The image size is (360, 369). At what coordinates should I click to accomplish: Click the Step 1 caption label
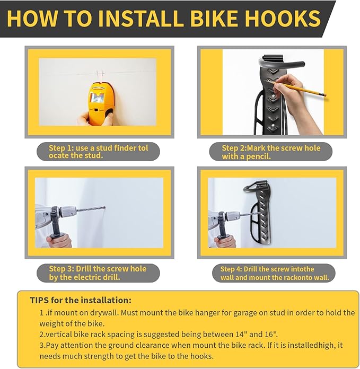[x=98, y=152]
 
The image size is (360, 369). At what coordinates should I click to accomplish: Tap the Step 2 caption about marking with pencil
[x=271, y=152]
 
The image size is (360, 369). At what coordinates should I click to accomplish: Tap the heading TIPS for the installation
[x=81, y=301]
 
